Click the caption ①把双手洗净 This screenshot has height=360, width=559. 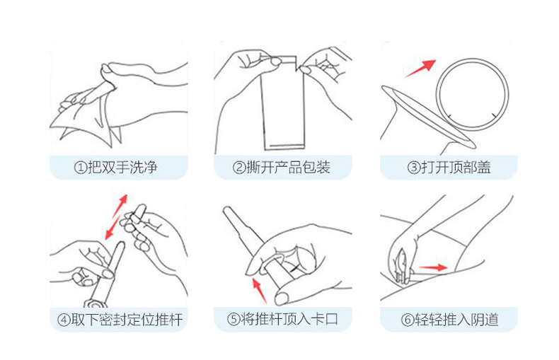(115, 167)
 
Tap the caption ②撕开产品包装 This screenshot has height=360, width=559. (282, 167)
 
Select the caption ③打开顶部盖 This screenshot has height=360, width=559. (449, 167)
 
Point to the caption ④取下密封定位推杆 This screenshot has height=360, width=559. (120, 319)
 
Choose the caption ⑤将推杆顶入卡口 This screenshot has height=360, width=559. (283, 319)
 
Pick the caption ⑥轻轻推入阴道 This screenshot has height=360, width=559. (449, 319)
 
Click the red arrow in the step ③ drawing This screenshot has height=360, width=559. (420, 68)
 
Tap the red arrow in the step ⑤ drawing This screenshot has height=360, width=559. (259, 290)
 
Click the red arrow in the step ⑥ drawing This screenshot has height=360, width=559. (432, 267)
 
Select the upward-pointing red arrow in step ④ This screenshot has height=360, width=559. (120, 206)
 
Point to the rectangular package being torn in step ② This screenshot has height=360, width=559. (284, 103)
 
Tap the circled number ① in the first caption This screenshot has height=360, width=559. (81, 167)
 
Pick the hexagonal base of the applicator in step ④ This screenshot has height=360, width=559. (96, 304)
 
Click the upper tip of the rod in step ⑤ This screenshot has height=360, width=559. (226, 209)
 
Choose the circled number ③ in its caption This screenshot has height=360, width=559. (414, 167)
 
